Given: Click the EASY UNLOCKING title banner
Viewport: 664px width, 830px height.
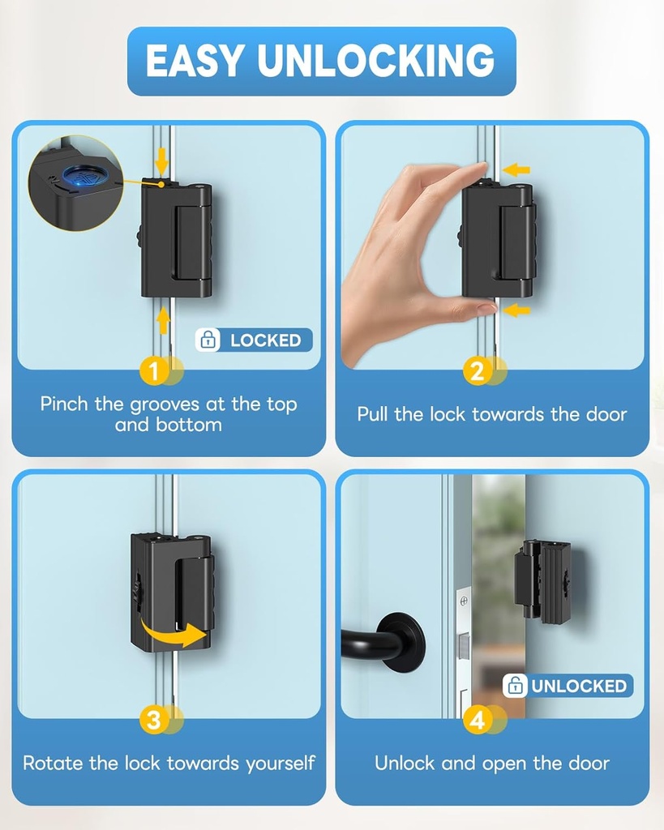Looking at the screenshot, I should [x=321, y=61].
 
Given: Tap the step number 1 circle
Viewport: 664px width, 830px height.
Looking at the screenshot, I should [x=153, y=371].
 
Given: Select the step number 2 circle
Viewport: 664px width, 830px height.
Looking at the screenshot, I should [x=477, y=371].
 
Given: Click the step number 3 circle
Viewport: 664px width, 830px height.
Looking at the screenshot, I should [x=153, y=720].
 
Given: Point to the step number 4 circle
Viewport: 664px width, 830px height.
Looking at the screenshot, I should [x=477, y=720].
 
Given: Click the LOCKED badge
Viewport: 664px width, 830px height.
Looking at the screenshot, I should [x=254, y=340].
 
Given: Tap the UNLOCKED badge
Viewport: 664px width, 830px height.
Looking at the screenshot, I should [x=568, y=686].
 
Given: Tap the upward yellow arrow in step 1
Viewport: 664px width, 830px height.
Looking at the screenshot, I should [x=162, y=321].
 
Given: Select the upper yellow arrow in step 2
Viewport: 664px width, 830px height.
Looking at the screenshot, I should [x=516, y=169].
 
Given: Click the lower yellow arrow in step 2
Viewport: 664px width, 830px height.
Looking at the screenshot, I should [x=516, y=310].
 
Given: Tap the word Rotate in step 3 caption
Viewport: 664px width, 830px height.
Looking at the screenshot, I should [x=50, y=763].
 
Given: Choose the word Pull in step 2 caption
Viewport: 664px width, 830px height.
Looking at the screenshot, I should [x=373, y=414].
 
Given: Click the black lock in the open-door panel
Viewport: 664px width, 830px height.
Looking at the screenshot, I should [x=542, y=581].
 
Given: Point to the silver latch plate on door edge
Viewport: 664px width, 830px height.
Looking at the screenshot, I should [x=464, y=648].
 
